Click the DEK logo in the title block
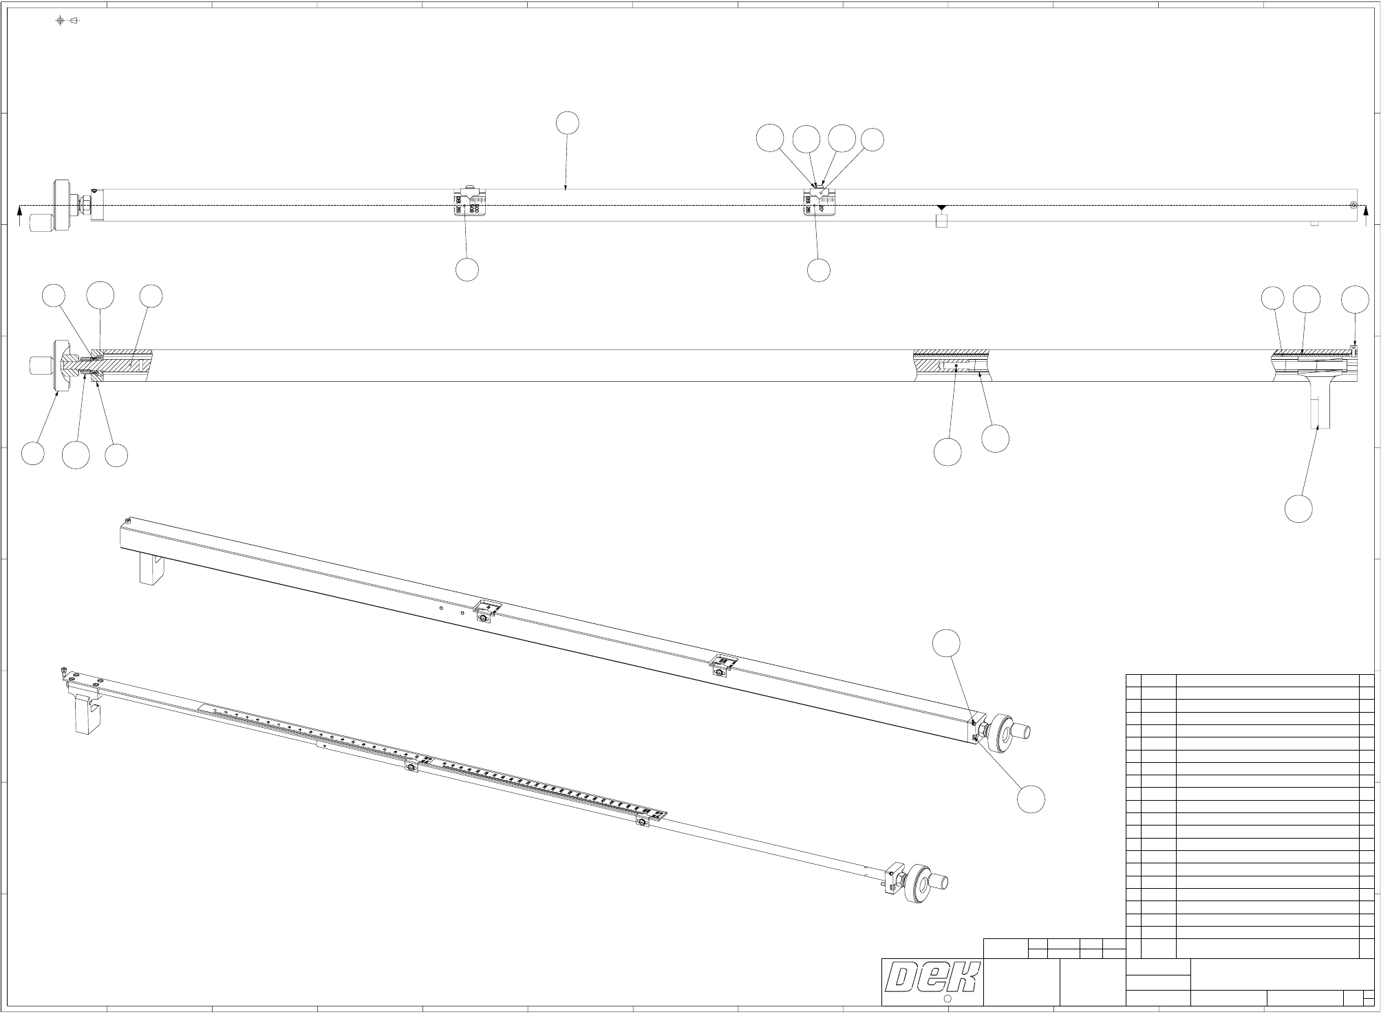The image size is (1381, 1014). [933, 978]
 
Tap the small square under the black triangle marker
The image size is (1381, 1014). [942, 221]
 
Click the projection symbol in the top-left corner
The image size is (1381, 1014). [67, 21]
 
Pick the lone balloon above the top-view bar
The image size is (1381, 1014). [567, 123]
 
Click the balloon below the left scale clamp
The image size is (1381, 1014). [467, 270]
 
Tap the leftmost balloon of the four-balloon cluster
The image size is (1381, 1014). [770, 138]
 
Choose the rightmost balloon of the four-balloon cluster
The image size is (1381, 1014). [873, 140]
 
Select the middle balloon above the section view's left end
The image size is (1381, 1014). [100, 295]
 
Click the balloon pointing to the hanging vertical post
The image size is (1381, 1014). [1298, 508]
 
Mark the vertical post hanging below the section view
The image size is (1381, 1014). [1319, 406]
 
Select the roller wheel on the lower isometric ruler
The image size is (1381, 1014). [919, 883]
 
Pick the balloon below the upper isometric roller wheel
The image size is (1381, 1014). [1031, 799]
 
